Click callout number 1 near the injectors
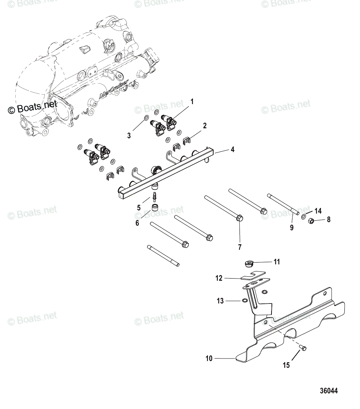192,102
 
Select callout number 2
205,125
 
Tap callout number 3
129,135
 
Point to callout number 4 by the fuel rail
232,150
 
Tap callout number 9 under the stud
292,228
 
